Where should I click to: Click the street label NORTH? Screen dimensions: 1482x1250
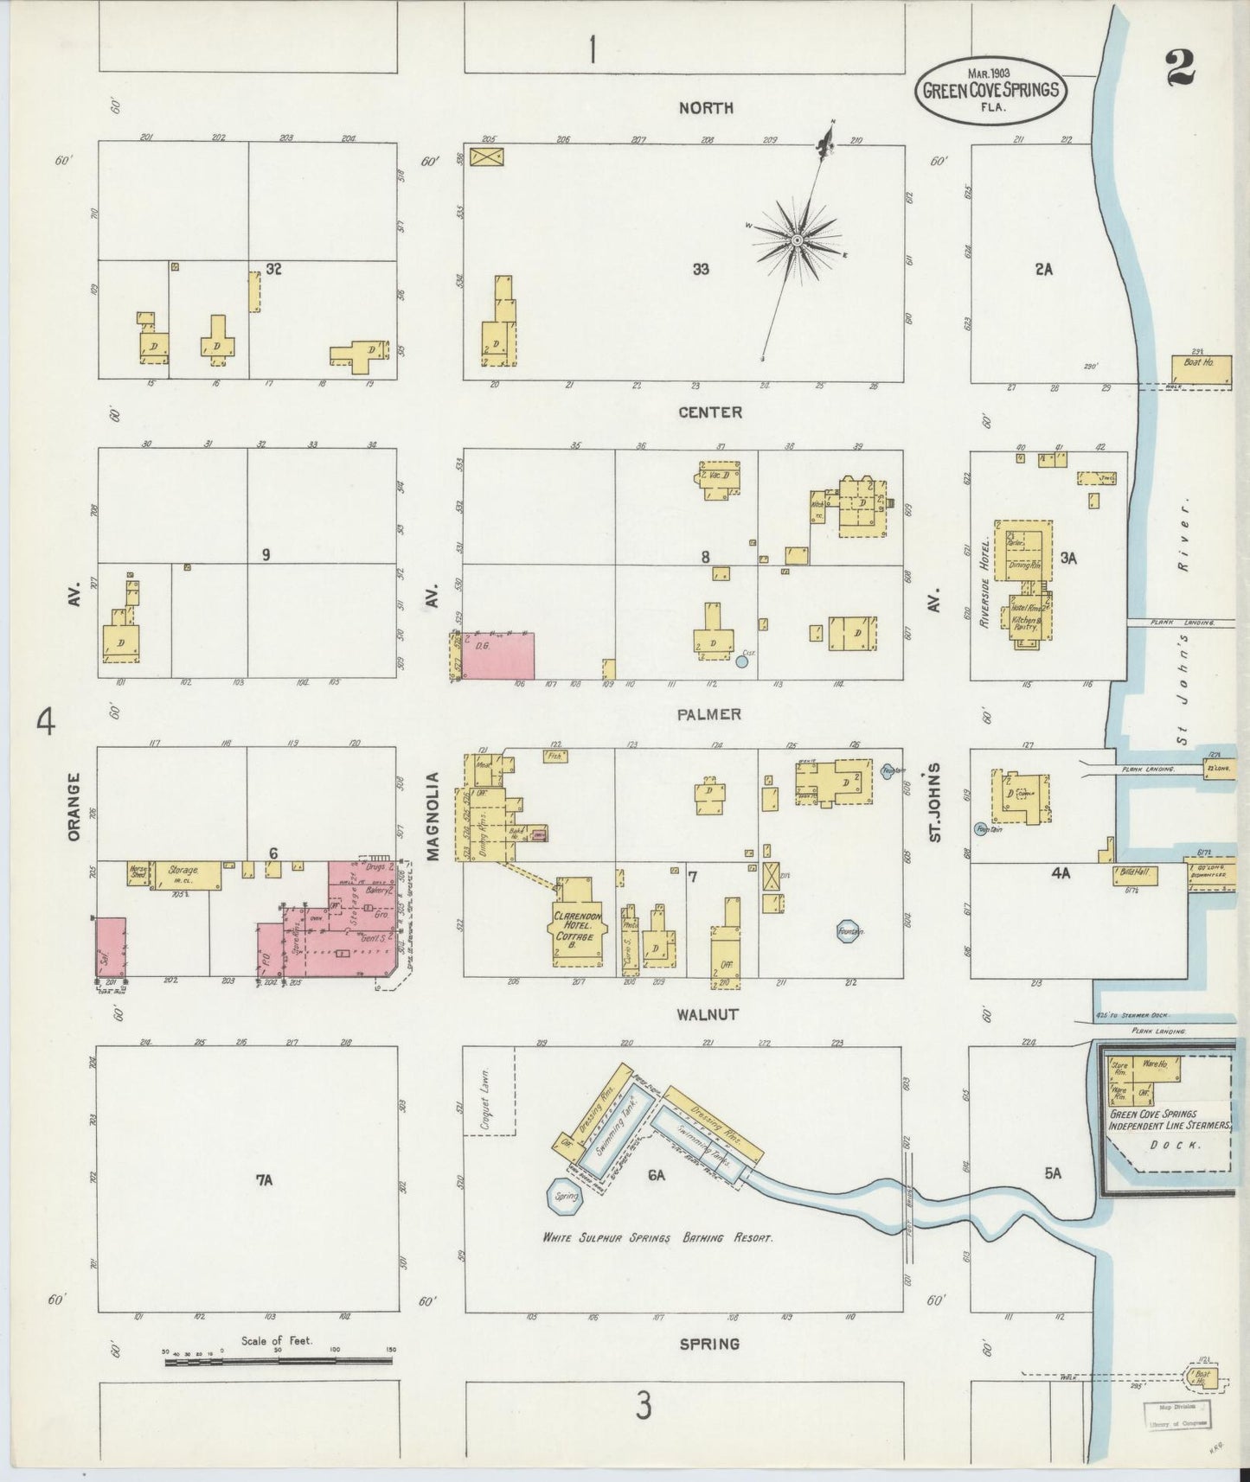coord(706,108)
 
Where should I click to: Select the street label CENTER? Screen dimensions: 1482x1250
coord(709,412)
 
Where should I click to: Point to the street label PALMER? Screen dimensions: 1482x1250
coord(709,714)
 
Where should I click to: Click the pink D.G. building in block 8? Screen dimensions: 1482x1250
coord(497,655)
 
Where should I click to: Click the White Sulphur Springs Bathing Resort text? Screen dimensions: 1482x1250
coord(657,1238)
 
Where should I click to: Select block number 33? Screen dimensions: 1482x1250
coord(701,270)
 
